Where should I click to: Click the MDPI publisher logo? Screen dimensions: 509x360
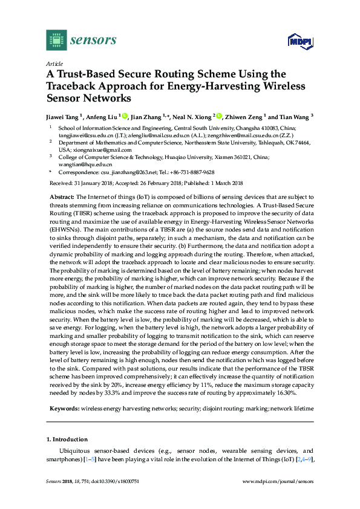tap(296, 41)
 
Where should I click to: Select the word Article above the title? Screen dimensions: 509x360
tap(54, 63)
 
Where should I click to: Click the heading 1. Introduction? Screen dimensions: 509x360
tap(67, 439)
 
